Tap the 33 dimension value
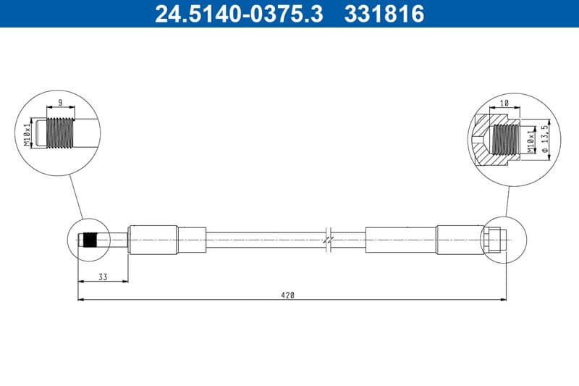coord(102,277)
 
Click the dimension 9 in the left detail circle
coord(61,103)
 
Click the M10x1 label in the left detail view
coord(28,134)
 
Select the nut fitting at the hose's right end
coord(491,240)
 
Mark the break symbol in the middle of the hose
coord(328,239)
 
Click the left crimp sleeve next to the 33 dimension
coord(152,240)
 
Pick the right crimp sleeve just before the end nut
coord(459,240)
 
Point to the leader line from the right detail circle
coord(505,200)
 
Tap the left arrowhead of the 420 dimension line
coord(80,299)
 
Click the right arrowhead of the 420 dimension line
coord(503,299)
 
